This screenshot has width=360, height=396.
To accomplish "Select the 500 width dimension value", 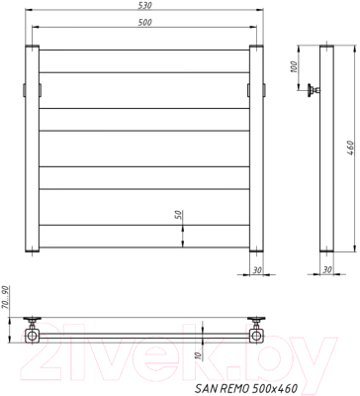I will click(x=145, y=23).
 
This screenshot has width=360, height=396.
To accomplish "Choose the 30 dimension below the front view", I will click(x=256, y=268).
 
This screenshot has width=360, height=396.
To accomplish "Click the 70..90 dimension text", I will click(x=7, y=296).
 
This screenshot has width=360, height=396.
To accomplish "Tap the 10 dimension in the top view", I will click(x=198, y=356).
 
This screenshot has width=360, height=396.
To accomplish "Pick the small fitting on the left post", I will click(x=26, y=89).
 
